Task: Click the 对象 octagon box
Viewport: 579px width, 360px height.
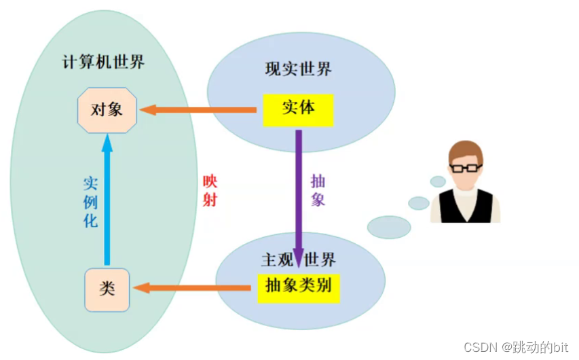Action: coord(107,109)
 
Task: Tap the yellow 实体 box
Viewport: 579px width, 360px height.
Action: coord(298,109)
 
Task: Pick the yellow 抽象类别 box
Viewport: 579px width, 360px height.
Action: coord(298,286)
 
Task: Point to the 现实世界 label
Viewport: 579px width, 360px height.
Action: coord(299,69)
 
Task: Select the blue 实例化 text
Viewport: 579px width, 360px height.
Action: coord(91,202)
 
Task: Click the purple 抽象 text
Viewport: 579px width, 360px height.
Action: coord(318,190)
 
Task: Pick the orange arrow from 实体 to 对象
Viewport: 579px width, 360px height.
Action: coord(197,109)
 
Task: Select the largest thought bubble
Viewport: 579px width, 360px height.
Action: coord(389,227)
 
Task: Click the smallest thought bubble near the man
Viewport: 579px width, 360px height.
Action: coord(438,181)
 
